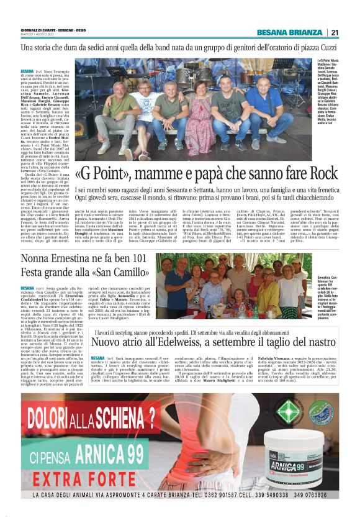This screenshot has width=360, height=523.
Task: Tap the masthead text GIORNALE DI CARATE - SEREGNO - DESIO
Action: pyautogui.click(x=47, y=29)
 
